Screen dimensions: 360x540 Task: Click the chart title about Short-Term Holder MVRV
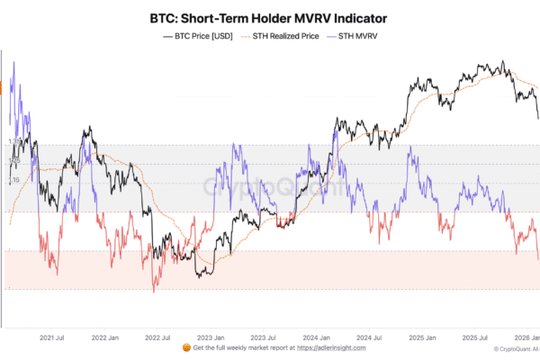270,17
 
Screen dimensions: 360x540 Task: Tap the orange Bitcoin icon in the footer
186,347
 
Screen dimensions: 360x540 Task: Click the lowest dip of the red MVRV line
154,292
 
